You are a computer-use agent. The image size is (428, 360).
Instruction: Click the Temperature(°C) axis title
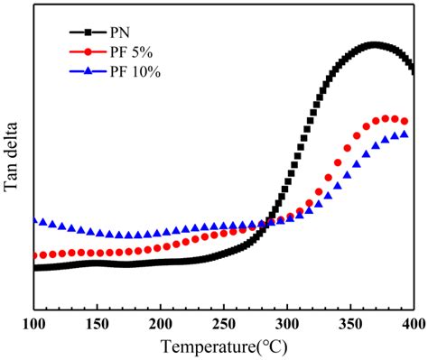coord(224,346)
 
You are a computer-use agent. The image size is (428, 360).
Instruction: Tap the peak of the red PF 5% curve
coord(388,118)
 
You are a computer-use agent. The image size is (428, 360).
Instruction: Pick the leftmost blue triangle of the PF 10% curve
coord(34,220)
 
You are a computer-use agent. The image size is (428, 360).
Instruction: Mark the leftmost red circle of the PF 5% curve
coord(34,255)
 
